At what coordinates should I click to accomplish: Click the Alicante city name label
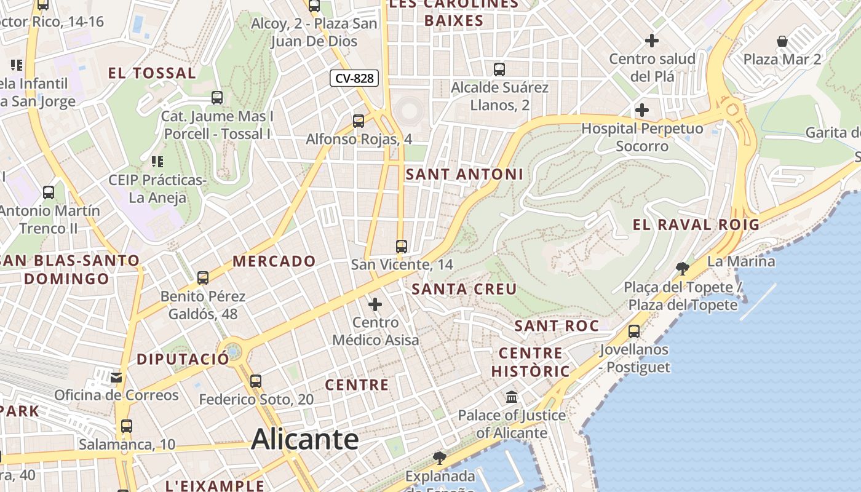(305, 439)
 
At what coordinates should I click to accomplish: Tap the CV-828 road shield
(354, 78)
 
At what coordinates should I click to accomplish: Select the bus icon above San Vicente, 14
(402, 247)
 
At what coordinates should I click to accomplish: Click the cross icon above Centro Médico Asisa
(375, 304)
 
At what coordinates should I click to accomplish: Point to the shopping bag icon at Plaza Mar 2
(782, 41)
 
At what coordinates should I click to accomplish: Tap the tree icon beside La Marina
(682, 268)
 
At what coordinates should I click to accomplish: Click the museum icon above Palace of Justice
(512, 397)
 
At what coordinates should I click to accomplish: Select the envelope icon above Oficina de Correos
(116, 377)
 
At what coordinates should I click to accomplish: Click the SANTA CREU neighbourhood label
(464, 289)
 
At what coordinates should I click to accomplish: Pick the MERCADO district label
(274, 261)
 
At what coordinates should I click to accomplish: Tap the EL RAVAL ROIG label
(696, 224)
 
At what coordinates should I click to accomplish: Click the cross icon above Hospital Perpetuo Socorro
(642, 110)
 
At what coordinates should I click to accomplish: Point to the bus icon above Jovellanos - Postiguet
(634, 331)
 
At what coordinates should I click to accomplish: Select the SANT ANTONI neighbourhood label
(464, 174)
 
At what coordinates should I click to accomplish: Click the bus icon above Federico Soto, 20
(256, 381)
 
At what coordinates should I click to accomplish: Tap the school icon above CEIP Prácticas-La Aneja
(157, 162)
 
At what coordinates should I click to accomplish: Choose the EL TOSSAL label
(152, 73)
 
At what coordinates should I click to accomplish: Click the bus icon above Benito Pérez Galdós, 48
(203, 277)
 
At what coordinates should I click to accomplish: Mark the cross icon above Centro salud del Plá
(652, 41)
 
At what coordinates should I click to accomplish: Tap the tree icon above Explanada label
(439, 458)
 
